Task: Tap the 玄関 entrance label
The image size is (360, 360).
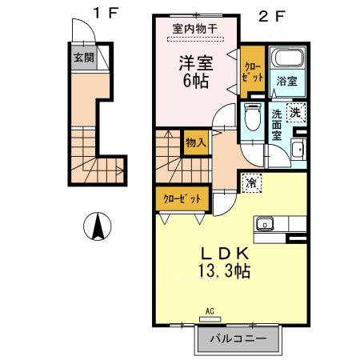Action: (83, 58)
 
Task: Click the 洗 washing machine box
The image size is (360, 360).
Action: (295, 114)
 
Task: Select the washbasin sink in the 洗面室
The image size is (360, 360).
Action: (297, 149)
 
